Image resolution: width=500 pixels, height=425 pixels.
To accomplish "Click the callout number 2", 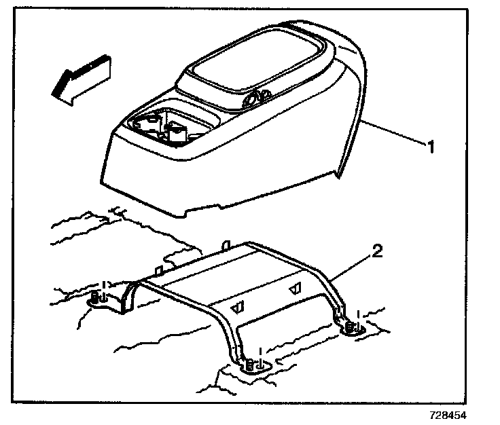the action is tap(378, 253).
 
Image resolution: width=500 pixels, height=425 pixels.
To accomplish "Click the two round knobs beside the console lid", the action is tap(255, 99).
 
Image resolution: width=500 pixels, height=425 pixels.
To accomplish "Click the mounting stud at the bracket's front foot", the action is tap(253, 365).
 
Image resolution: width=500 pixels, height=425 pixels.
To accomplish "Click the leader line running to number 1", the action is tap(394, 133).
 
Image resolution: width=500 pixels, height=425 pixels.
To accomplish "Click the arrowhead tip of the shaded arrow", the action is tap(50, 93).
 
